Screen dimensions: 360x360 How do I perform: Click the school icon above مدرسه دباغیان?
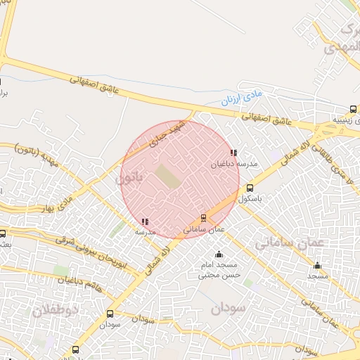click(x=233, y=153)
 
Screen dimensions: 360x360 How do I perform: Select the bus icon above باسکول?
click(x=250, y=188)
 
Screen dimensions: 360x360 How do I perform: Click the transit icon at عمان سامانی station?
click(x=204, y=218)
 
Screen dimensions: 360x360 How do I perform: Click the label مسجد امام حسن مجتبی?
click(x=221, y=270)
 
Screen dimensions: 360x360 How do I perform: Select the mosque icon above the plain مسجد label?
click(x=317, y=266)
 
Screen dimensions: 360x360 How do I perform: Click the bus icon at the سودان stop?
click(x=110, y=314)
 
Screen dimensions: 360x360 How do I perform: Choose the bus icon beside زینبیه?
click(x=353, y=109)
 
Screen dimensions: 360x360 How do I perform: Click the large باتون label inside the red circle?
click(x=129, y=180)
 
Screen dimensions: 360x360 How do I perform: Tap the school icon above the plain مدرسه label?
click(x=145, y=221)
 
